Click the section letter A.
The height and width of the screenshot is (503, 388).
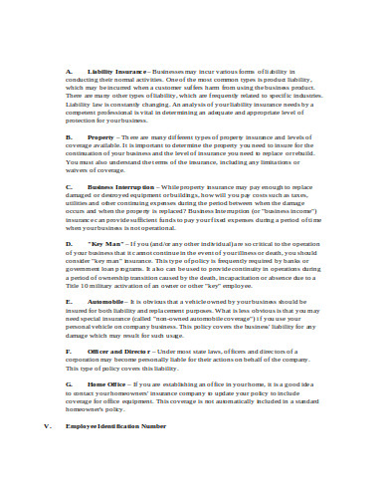point(68,73)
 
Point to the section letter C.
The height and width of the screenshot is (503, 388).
point(68,186)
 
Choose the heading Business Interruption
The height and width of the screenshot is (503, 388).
point(123,186)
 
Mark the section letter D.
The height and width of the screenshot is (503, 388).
point(68,243)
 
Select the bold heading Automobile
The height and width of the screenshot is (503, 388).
point(105,300)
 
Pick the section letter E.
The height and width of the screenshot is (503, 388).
point(68,300)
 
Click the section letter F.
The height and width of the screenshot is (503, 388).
point(68,352)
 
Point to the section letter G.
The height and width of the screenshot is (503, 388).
point(68,383)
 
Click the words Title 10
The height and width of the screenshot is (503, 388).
point(78,284)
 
